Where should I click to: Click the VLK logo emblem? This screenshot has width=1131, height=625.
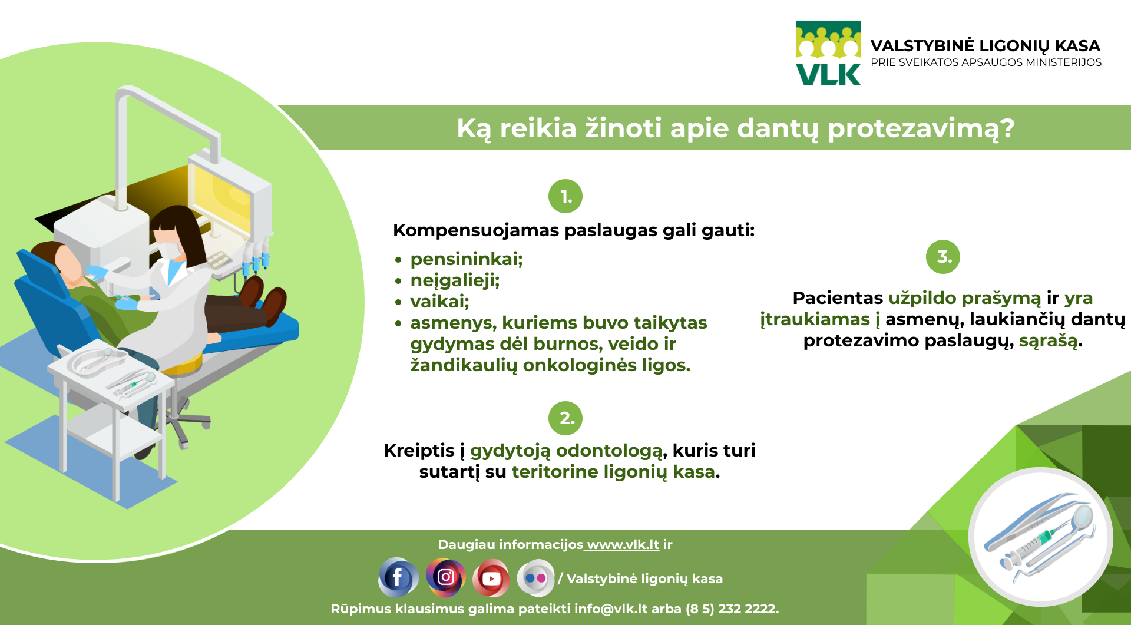828,53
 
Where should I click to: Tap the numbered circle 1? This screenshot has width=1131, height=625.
565,196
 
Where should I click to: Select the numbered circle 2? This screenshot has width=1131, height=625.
565,418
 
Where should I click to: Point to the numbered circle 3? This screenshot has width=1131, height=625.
943,257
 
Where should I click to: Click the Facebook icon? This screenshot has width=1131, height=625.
398,577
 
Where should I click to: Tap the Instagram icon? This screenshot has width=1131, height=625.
445,577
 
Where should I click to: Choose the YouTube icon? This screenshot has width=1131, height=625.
491,578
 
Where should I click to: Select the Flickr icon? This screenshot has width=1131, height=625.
535,578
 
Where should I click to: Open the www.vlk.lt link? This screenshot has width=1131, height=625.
623,545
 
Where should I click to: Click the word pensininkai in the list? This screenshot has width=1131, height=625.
467,259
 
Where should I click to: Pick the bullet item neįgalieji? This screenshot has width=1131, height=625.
455,280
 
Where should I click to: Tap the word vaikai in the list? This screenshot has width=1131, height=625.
439,302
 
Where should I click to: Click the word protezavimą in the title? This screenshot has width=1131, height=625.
921,129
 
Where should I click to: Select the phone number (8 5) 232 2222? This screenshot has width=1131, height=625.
732,609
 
